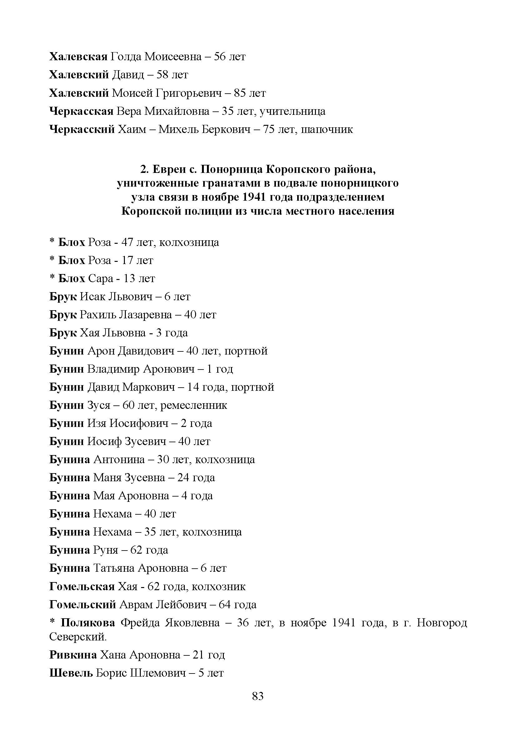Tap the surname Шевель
(x=71, y=673)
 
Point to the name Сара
(x=101, y=278)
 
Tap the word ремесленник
(x=194, y=405)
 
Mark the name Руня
(x=105, y=550)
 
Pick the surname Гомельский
(x=83, y=605)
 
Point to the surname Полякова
(x=88, y=623)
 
